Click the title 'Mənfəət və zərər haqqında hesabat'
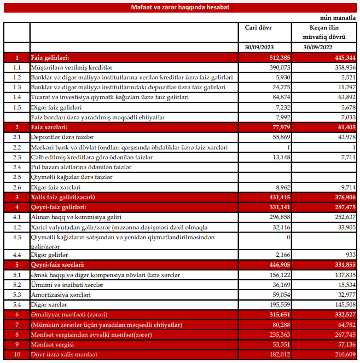[x=180, y=7]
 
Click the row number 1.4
[x=17, y=97]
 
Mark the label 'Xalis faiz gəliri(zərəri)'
[x=69, y=197]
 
